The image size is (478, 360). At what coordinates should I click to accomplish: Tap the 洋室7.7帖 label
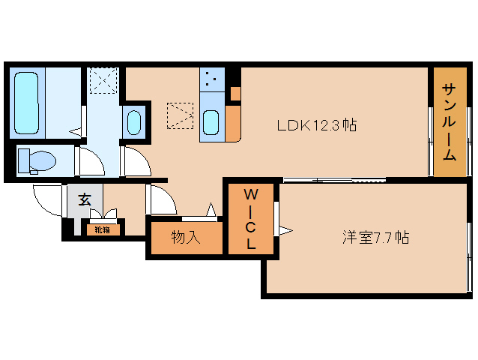[375, 238]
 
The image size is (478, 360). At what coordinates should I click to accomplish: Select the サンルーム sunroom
[448, 121]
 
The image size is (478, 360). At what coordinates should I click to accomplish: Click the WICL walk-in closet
[252, 219]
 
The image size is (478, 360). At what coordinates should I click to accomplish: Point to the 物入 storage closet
[186, 238]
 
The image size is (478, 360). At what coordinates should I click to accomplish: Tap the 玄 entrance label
[85, 199]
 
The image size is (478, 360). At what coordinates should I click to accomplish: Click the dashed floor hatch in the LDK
[180, 115]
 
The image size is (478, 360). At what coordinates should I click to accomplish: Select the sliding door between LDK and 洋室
[333, 179]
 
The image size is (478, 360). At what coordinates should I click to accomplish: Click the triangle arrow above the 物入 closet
[212, 210]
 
